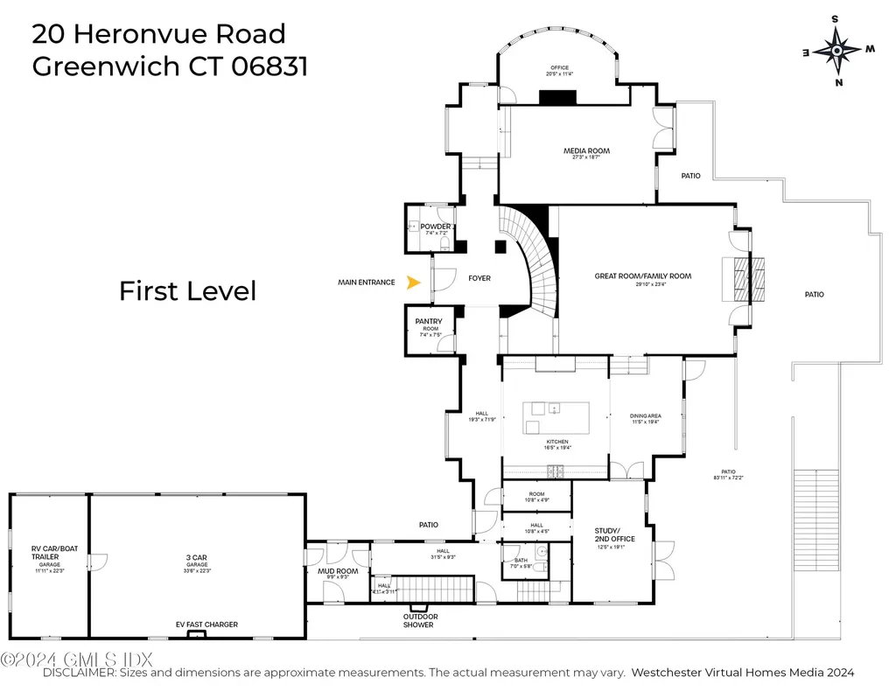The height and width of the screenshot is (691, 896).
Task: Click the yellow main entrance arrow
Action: click(x=415, y=282)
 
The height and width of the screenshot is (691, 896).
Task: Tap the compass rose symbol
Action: click(x=837, y=51)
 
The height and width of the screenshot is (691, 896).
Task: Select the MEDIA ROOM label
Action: click(x=585, y=151)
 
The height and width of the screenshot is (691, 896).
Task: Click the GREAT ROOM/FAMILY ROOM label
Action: click(x=642, y=276)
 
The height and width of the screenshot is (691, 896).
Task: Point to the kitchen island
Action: click(x=556, y=417)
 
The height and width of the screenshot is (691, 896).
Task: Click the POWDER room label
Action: click(x=435, y=227)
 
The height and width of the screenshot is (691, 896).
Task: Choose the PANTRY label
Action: click(x=429, y=322)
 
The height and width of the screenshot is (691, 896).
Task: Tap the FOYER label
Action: click(x=479, y=278)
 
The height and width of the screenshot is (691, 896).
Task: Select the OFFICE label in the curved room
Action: click(x=559, y=67)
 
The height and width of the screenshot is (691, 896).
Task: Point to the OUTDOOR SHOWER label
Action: click(x=421, y=620)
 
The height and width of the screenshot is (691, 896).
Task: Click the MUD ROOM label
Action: click(x=337, y=571)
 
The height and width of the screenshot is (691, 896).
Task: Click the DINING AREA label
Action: click(x=645, y=416)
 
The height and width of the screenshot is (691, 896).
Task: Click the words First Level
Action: click(x=187, y=290)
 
